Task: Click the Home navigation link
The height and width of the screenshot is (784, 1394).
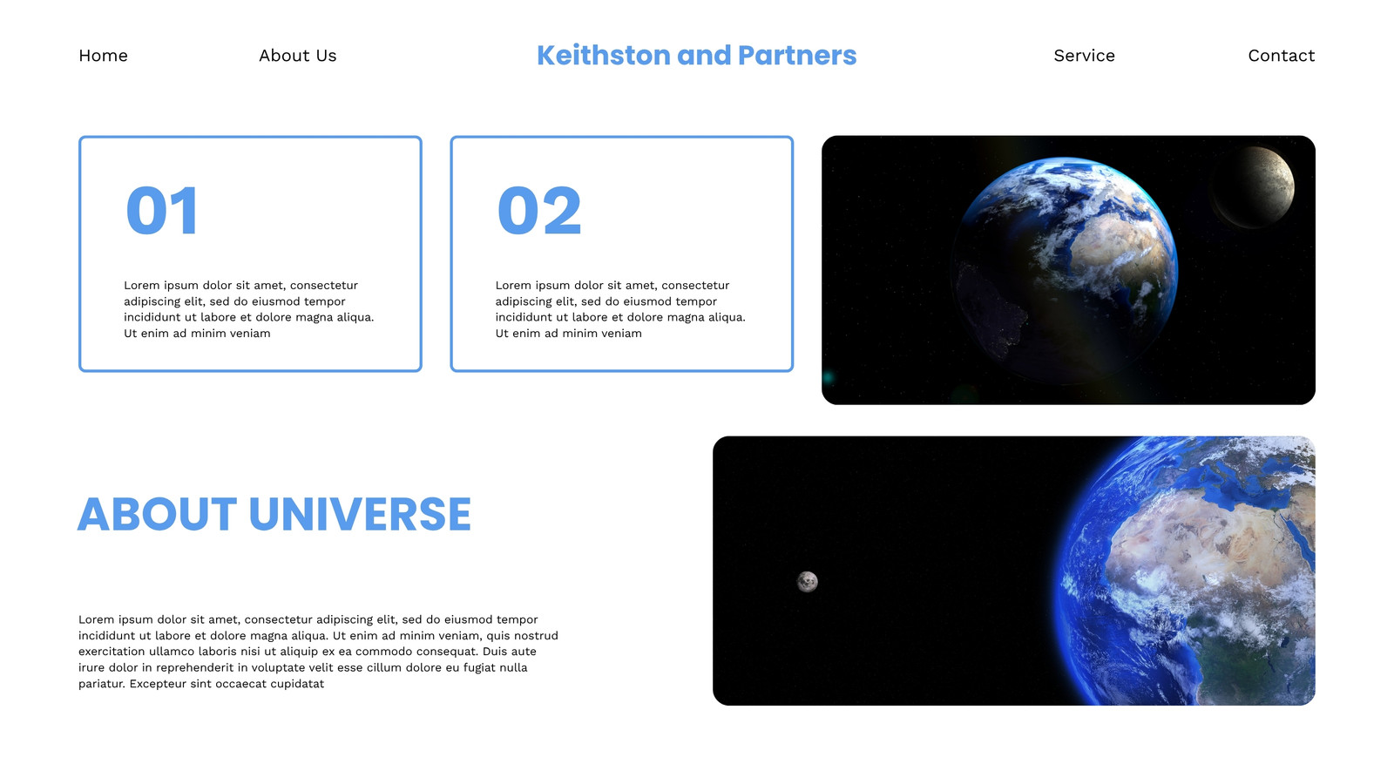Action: coord(104,56)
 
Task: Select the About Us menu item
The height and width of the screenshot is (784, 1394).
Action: coord(297,56)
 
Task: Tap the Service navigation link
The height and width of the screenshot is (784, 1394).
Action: coord(1084,56)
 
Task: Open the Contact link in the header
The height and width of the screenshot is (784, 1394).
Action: coord(1282,56)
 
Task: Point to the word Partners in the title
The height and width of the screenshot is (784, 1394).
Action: coord(796,55)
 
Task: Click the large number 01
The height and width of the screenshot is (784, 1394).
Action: coord(162,210)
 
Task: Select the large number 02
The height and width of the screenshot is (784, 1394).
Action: coord(539,210)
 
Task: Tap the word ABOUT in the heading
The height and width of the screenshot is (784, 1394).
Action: coord(157,515)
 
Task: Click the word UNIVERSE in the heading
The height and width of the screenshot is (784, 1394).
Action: coord(360,515)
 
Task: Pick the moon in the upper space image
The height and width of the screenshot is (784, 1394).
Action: coord(1254,187)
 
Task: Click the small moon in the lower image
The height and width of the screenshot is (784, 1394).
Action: coord(807,582)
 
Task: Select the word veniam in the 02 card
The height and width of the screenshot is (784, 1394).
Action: coord(622,334)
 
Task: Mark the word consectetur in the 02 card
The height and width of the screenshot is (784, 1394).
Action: coord(695,286)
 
